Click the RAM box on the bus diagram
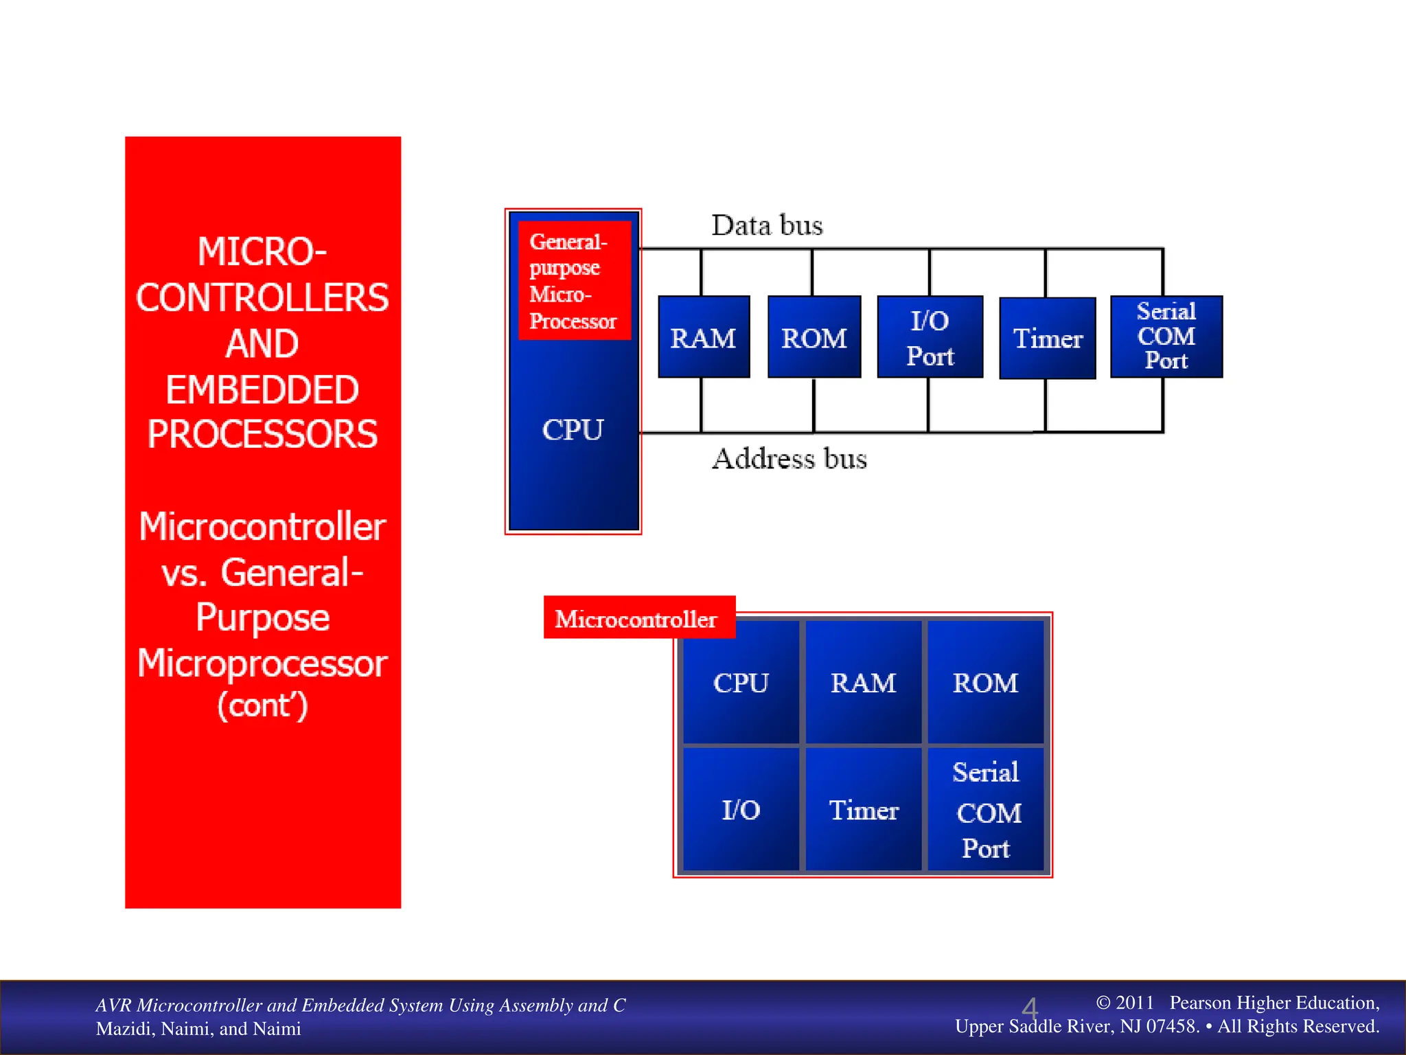coord(703,337)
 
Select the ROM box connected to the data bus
coord(814,337)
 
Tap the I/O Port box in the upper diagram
coord(930,337)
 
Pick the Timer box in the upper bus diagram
coord(1047,338)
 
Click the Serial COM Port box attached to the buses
coord(1166,337)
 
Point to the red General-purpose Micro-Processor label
coord(574,281)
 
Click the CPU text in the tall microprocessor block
coord(573,430)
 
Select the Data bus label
coord(767,225)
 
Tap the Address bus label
coord(790,458)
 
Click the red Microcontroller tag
coord(637,618)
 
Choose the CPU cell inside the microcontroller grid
coord(741,683)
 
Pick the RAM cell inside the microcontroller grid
coord(863,683)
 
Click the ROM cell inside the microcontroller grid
coord(985,683)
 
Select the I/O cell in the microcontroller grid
coord(741,810)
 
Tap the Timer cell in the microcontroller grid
coord(863,810)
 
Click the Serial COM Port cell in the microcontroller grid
coord(986,810)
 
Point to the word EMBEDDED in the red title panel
coord(262,389)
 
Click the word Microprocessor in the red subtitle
coord(262,663)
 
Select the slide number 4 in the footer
coord(1029,1009)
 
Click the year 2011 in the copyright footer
coord(1134,1002)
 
